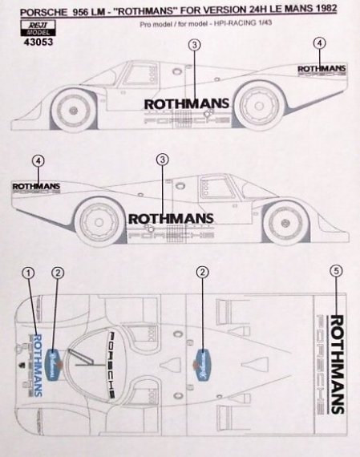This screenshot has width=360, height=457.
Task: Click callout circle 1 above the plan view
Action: (29, 274)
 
